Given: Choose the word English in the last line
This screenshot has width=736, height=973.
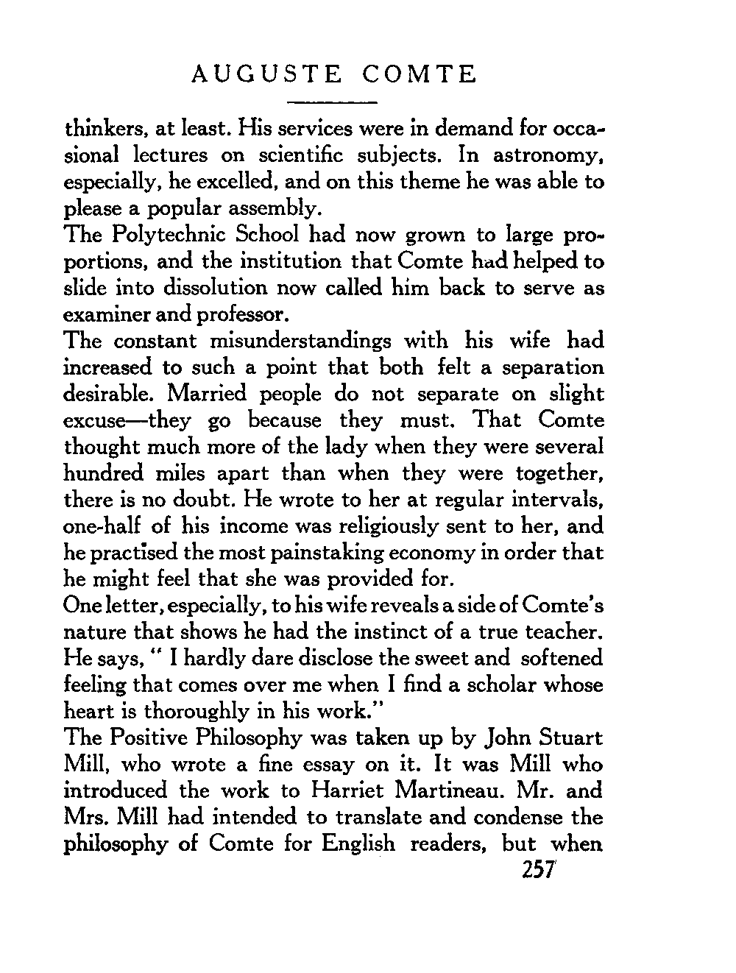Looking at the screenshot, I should click(x=358, y=844).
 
